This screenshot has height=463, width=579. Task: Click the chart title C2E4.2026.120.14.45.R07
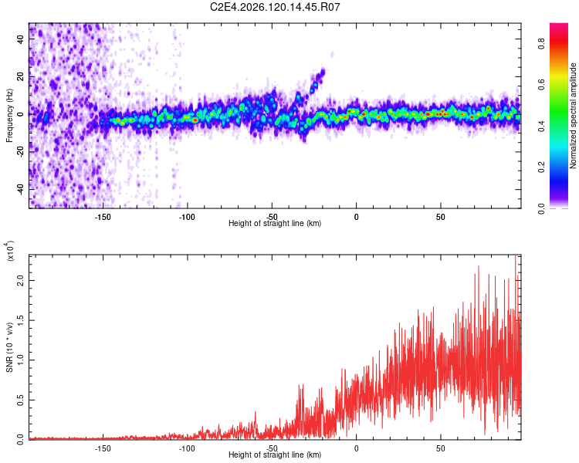tap(275, 7)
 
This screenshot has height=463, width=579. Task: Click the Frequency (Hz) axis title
tap(9, 116)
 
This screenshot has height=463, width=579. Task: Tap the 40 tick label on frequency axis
tap(20, 39)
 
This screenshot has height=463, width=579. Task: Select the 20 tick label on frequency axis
tap(20, 76)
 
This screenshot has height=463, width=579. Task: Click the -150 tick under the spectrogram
tap(103, 217)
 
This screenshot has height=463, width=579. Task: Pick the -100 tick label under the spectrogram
tap(187, 217)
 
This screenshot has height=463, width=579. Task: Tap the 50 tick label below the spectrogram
tap(441, 217)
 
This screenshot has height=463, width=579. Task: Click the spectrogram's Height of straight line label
tap(275, 223)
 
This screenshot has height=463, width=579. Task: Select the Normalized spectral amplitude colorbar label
tap(573, 116)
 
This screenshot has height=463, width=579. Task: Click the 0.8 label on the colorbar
tap(541, 43)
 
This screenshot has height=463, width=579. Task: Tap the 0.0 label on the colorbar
tap(541, 208)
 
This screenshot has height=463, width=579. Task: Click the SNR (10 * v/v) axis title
tap(9, 347)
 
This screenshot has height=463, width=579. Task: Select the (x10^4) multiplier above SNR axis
tap(10, 251)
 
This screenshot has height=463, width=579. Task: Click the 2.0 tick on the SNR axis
tap(20, 280)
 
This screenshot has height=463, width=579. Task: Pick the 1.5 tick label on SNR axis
tap(20, 320)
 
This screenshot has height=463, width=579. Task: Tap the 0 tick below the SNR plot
tap(357, 448)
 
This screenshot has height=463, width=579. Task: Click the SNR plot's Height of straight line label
tap(275, 455)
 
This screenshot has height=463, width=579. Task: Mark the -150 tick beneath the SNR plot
tap(103, 448)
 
